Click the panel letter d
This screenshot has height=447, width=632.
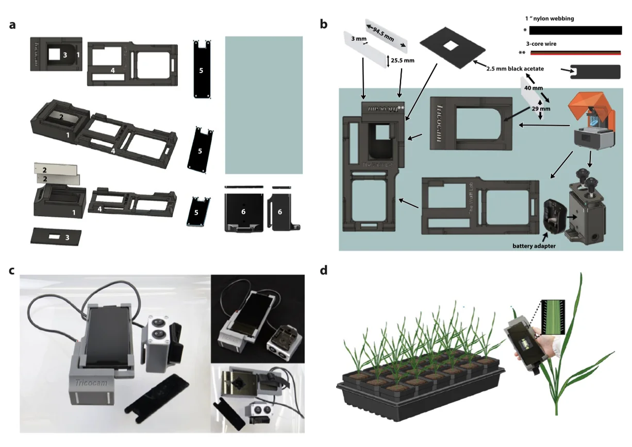tap(324, 270)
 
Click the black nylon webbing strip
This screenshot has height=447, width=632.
tap(575, 30)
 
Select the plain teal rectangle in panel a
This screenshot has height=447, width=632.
tap(263, 105)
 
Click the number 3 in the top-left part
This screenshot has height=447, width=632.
tap(65, 54)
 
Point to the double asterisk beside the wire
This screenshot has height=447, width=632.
tap(522, 53)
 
